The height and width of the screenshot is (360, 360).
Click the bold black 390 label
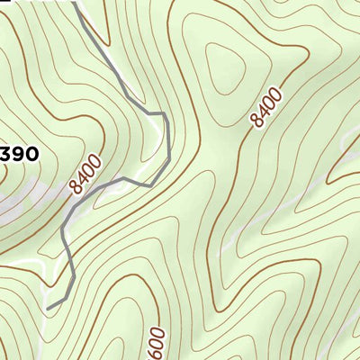18,154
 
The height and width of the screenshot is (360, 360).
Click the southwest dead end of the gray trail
48,308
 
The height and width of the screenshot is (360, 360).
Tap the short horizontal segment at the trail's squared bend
156,113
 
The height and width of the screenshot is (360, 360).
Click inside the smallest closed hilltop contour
226,67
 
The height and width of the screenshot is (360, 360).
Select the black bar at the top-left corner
8,2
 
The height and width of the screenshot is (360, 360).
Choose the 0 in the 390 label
31,154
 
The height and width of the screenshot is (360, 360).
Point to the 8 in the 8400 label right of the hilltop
258,121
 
